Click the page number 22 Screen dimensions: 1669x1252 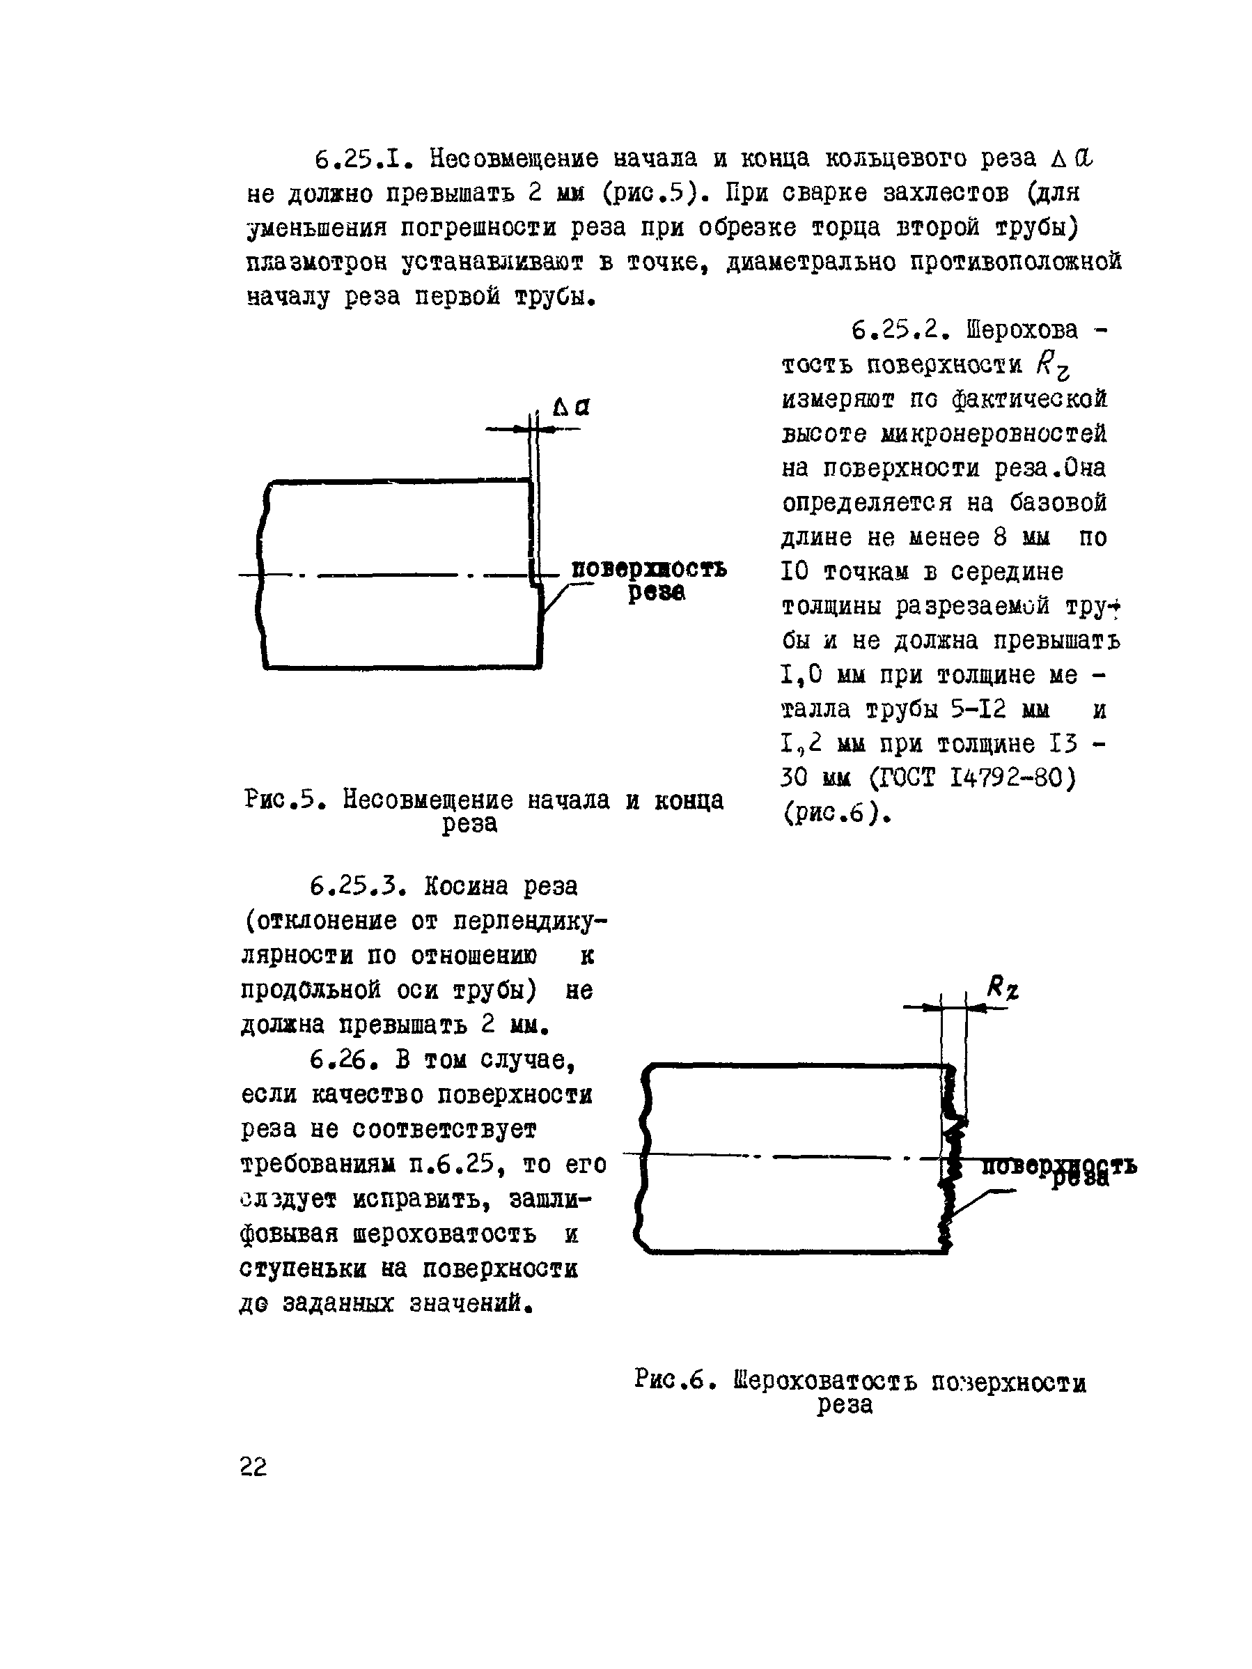(x=253, y=1466)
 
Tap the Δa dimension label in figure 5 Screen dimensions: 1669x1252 (x=571, y=408)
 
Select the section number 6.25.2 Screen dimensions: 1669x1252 (x=896, y=330)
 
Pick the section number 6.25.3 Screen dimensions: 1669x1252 (x=355, y=886)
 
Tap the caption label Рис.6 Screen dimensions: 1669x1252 (x=671, y=1380)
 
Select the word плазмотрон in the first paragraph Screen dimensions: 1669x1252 (x=317, y=263)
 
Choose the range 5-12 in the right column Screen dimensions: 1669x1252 (x=978, y=710)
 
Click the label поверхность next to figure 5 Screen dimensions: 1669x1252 (x=648, y=569)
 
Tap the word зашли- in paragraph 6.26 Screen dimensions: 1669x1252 (x=550, y=1199)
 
